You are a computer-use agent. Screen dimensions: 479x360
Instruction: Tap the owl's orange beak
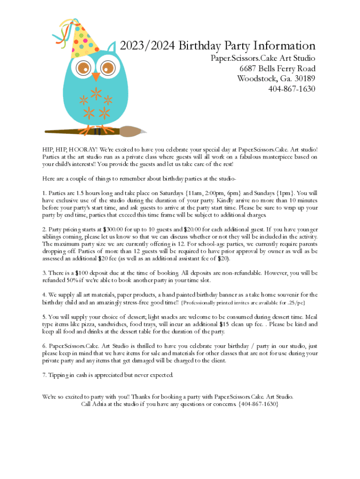(x=96, y=76)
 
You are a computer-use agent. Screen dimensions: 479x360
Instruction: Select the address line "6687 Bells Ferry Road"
(x=277, y=68)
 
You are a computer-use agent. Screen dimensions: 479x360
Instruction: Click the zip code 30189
(x=303, y=78)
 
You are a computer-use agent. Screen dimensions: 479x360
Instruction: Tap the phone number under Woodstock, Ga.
(x=292, y=88)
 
